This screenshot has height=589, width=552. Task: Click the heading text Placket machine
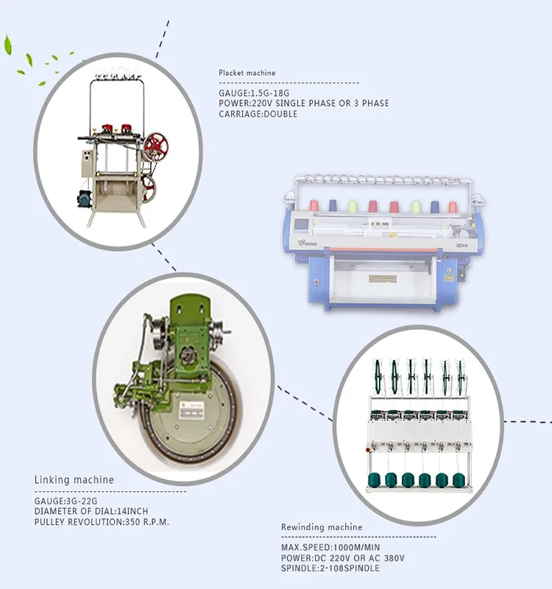coord(247,73)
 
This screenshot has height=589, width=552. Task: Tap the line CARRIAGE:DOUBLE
coord(258,114)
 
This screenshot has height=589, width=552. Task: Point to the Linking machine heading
coord(74,480)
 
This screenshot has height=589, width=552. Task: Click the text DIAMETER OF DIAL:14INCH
coord(91,512)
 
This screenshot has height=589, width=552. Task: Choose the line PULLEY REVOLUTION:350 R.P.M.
coord(102,522)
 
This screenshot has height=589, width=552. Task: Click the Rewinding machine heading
coord(322,527)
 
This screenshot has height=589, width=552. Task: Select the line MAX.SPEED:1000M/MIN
coord(331,548)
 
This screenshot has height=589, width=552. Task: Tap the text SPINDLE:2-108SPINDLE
coord(331,568)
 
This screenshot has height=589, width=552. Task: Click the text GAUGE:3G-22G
coord(66,501)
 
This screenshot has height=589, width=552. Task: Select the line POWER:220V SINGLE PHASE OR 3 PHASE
coord(304,104)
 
